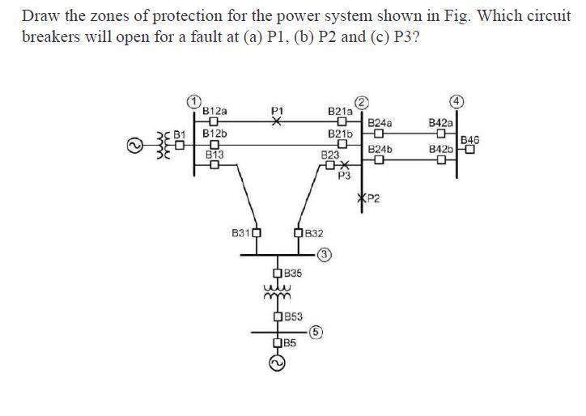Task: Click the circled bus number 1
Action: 193,100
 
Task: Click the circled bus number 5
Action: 316,330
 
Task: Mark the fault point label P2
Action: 372,199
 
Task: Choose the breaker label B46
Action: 469,140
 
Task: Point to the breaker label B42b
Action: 441,150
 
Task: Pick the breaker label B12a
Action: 214,109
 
